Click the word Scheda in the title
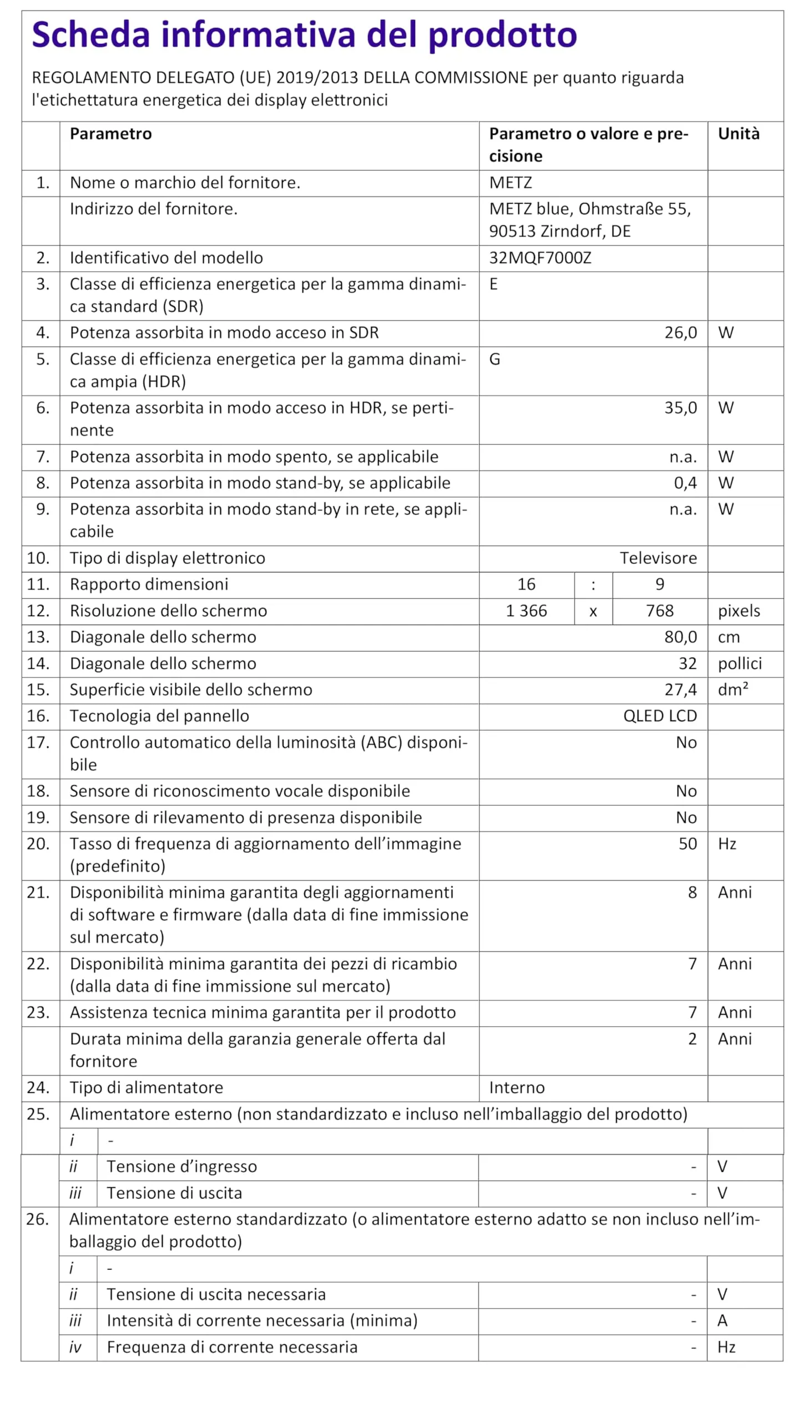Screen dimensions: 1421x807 [x=90, y=34]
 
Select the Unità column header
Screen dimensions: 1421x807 [x=738, y=134]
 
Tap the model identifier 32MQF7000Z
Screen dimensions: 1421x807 [x=540, y=258]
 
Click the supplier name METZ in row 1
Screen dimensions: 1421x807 [x=510, y=183]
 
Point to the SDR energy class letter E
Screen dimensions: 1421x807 [x=493, y=284]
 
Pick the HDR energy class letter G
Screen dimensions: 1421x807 [x=495, y=360]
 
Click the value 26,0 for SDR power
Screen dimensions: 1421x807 [x=680, y=333]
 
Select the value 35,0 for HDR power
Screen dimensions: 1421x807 [x=680, y=408]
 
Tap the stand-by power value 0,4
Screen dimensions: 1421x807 [x=685, y=483]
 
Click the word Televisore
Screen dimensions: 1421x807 [x=658, y=558]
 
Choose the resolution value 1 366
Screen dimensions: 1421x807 [x=526, y=611]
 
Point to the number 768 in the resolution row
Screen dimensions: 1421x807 [x=659, y=611]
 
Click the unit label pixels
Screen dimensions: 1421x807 [x=739, y=611]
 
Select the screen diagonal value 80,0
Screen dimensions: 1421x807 [x=680, y=637]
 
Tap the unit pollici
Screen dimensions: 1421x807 [x=739, y=664]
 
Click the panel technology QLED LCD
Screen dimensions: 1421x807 [x=659, y=716]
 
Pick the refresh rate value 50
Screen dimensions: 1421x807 [x=687, y=844]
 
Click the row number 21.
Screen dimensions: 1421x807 [x=38, y=893]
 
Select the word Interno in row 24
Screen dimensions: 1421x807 [x=517, y=1087]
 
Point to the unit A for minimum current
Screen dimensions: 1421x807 [x=722, y=1321]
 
